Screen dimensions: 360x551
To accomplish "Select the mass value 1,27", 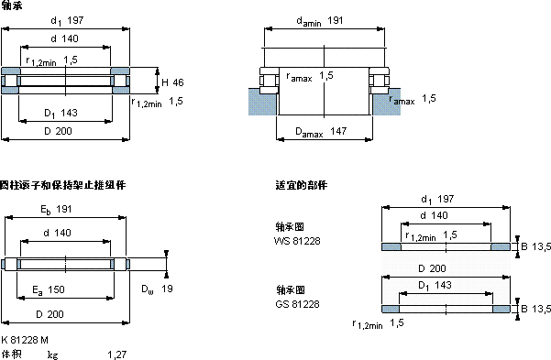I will click(116, 354).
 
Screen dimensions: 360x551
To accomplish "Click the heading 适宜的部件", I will click(300, 185).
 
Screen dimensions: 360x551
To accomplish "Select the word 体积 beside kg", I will click(12, 354).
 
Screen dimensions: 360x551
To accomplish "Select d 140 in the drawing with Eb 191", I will click(63, 235).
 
